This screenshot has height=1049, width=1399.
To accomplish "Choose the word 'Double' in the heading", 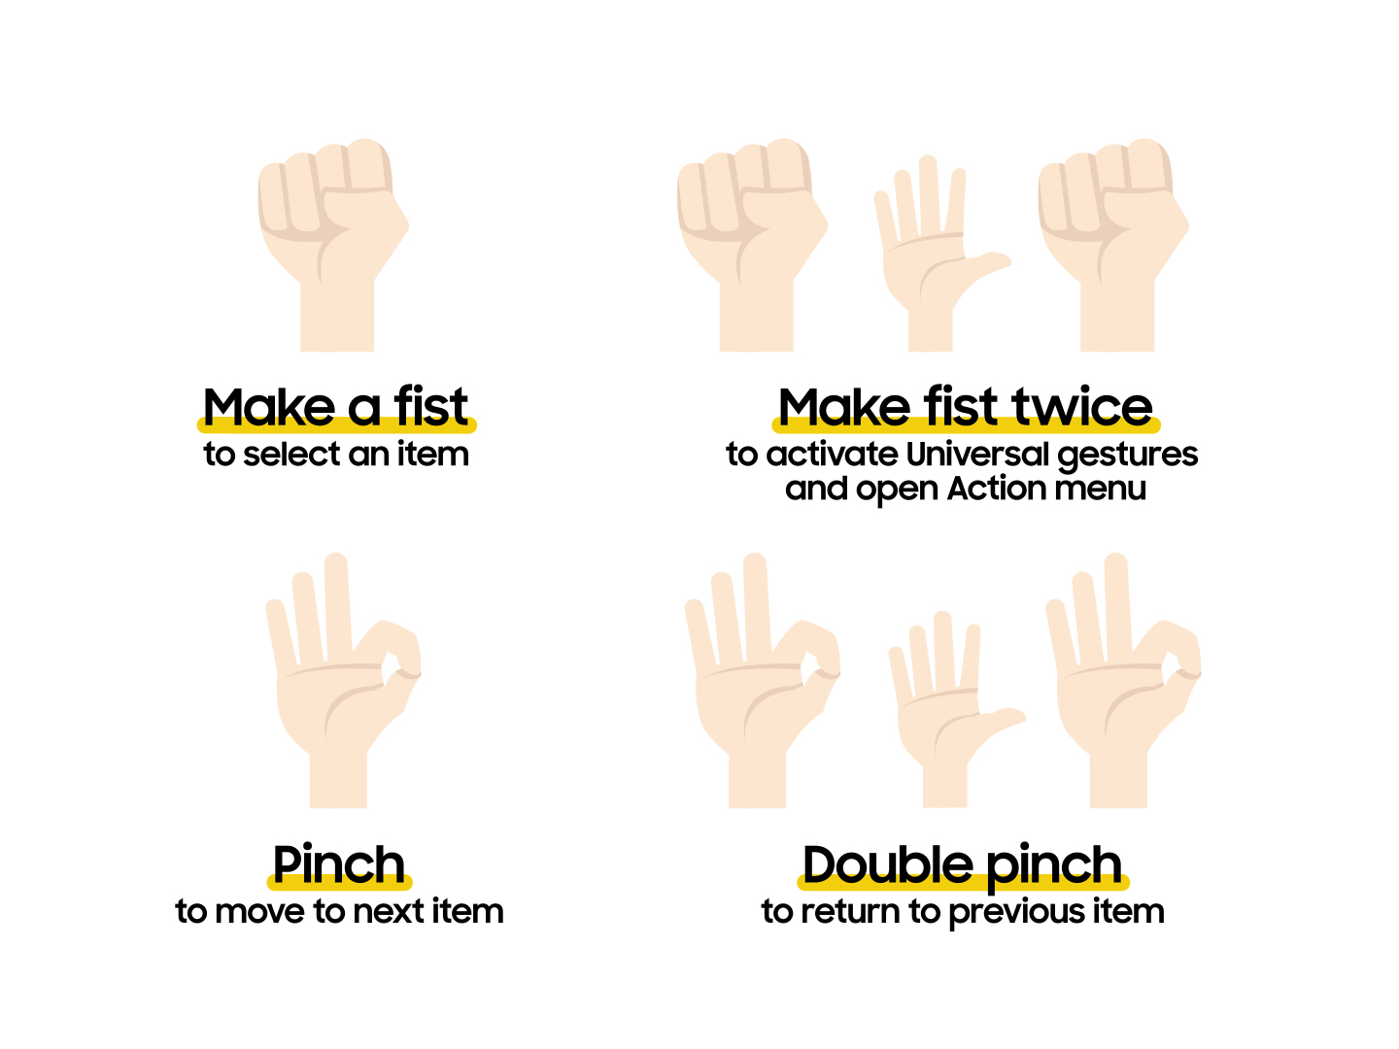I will tap(887, 864).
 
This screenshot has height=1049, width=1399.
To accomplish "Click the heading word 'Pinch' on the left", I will tap(338, 864).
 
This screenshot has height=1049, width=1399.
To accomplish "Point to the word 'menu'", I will tap(1100, 488).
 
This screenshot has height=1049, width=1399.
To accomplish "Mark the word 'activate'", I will tap(832, 454).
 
